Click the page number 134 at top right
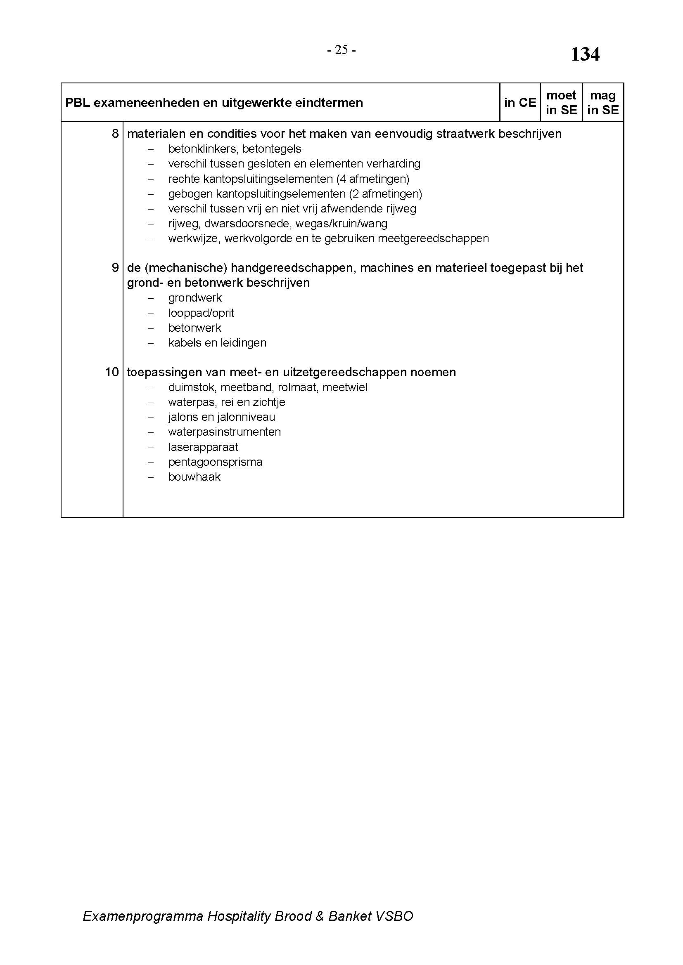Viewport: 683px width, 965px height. point(585,54)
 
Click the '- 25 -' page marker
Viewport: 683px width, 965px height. point(341,50)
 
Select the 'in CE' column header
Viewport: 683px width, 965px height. point(520,103)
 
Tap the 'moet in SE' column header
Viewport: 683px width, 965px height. point(561,103)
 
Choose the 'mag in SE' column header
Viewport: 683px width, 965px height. point(602,103)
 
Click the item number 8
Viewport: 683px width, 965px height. point(115,134)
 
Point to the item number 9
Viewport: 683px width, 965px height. point(115,268)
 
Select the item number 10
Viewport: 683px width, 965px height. point(112,372)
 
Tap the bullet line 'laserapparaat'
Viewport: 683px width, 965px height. point(203,447)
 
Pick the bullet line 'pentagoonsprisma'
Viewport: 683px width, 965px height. point(215,462)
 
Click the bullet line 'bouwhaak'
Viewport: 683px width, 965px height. point(194,477)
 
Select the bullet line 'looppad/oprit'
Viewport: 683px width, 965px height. point(201,313)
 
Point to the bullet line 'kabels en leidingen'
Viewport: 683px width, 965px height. point(217,342)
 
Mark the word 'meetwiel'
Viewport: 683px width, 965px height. point(345,387)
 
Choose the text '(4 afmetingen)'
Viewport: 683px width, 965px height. point(372,179)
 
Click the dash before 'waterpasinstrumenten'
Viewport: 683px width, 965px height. point(151,432)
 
